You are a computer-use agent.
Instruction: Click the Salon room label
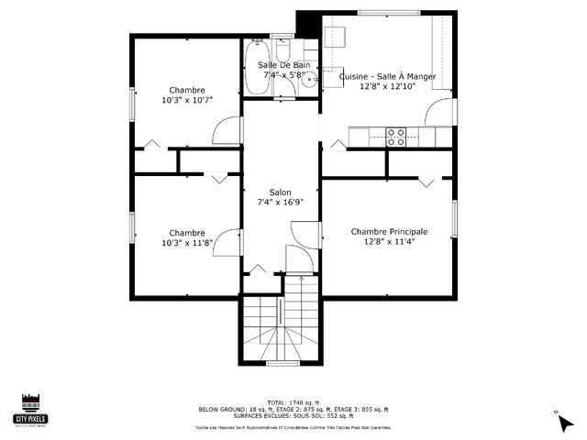(x=280, y=193)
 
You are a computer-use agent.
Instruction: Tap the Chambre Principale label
(x=390, y=232)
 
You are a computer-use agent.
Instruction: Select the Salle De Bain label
(x=283, y=65)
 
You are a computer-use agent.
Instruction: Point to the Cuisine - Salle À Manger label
(x=387, y=77)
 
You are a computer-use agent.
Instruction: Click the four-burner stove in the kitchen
(x=396, y=137)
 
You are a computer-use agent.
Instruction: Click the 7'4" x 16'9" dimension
(x=280, y=203)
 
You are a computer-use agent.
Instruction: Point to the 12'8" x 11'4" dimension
(x=390, y=242)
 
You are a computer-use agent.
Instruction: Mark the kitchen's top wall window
(x=384, y=13)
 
